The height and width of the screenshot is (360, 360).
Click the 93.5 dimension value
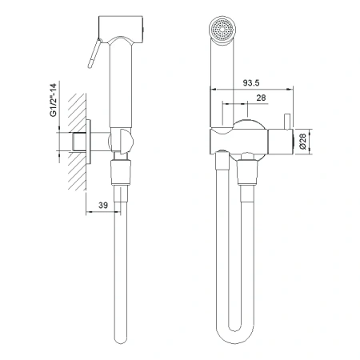point(251,83)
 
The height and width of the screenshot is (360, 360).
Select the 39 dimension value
point(103,205)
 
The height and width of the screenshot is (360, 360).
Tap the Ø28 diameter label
point(302,142)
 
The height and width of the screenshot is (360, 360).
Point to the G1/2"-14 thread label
point(54,100)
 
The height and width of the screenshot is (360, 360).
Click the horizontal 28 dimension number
point(261,98)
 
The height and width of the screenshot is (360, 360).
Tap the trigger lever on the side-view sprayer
point(95,53)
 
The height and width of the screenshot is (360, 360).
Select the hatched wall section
point(77,142)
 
